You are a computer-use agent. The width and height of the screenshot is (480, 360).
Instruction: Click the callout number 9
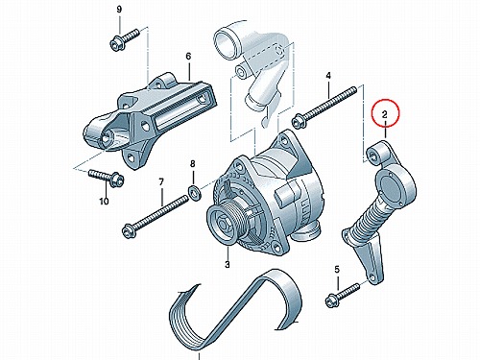click(x=119, y=10)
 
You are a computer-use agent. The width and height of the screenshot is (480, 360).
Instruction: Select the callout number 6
click(x=188, y=57)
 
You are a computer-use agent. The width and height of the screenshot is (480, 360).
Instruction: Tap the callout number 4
click(x=328, y=76)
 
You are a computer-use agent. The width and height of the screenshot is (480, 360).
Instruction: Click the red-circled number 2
click(x=385, y=114)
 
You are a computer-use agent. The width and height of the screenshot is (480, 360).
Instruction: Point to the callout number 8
click(x=192, y=164)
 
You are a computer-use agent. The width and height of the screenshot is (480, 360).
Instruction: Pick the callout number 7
click(x=161, y=182)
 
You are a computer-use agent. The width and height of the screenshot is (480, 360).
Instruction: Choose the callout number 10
click(x=104, y=202)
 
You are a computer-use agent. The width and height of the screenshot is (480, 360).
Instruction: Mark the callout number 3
click(x=228, y=264)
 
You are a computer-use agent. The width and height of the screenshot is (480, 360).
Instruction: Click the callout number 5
click(x=337, y=270)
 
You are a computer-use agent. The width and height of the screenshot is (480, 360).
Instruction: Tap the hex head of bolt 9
click(x=115, y=44)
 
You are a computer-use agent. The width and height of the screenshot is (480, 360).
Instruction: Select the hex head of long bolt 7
click(x=129, y=231)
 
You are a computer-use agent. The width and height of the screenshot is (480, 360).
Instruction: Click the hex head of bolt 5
click(x=331, y=300)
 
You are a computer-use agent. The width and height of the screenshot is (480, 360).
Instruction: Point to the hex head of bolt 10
click(x=117, y=180)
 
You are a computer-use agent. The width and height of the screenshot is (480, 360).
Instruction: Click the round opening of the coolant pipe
click(x=226, y=42)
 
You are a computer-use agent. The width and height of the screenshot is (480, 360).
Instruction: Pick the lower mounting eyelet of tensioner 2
click(x=374, y=276)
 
